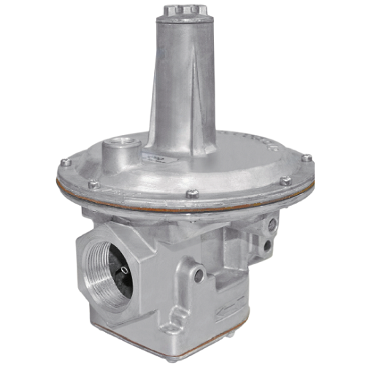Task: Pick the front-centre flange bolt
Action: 192,194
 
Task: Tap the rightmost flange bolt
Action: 307,158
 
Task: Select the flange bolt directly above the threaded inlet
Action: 93,185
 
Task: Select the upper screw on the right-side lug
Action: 272,225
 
